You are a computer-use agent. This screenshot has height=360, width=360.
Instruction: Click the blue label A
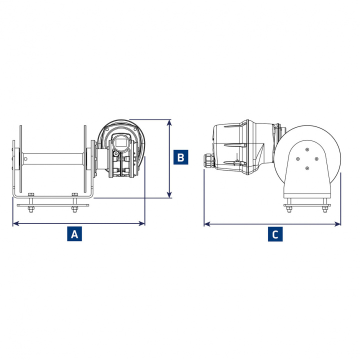[x=74, y=233]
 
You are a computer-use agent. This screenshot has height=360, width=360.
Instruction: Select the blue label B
[x=180, y=157]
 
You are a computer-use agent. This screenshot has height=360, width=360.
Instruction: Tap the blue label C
[x=275, y=234]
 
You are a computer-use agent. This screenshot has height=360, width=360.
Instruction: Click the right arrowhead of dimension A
[x=142, y=223]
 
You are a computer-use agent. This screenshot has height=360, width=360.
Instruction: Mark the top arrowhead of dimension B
[x=169, y=122]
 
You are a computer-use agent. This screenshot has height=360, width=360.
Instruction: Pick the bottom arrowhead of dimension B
[x=169, y=194]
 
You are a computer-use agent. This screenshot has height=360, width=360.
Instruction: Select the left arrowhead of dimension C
[x=207, y=224]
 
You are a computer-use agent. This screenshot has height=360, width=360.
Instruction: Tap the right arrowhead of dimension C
[x=338, y=224]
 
